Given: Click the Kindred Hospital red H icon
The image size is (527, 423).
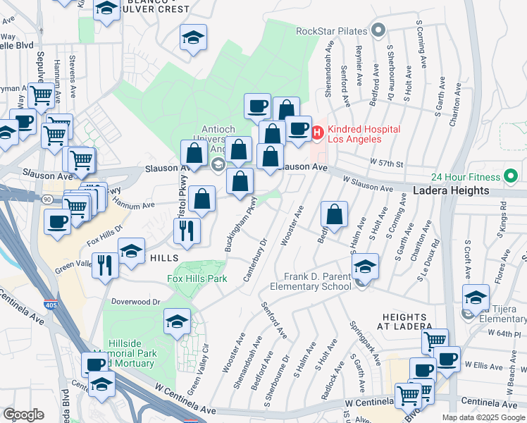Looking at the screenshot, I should (318, 131).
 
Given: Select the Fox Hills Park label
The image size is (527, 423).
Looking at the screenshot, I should (197, 278).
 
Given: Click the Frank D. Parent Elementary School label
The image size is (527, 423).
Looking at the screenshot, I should (317, 281).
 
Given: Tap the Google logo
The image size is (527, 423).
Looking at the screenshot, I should (23, 414).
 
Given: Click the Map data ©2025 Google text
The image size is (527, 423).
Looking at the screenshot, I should (483, 417).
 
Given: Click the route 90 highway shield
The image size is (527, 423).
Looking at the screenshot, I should (46, 200).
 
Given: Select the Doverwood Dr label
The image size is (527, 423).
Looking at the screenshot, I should (137, 301).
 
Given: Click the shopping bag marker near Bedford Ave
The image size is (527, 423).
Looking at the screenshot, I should (335, 216).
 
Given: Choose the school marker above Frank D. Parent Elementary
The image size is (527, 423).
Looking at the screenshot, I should (365, 266).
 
